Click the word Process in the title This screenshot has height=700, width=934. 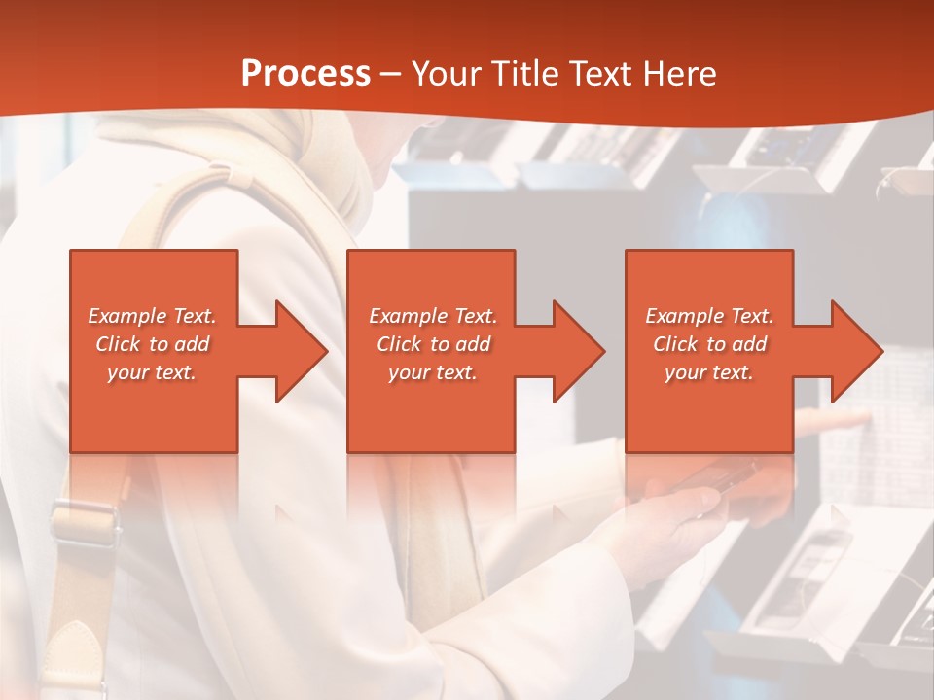[305, 74]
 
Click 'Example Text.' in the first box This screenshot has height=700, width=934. [152, 316]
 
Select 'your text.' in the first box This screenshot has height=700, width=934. [152, 372]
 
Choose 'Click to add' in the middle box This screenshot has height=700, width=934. [433, 344]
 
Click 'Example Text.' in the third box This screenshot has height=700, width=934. [709, 316]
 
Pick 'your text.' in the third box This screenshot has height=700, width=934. [709, 372]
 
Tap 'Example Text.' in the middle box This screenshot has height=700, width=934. [433, 316]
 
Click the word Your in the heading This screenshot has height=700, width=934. [444, 74]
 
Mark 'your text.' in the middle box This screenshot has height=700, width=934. [433, 372]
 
